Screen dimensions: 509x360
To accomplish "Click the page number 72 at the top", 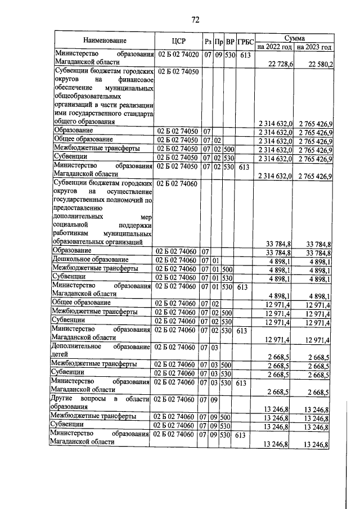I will [x=196, y=20].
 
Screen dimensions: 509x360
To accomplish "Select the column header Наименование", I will [x=105, y=41].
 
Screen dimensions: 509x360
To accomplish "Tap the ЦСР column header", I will [x=178, y=41].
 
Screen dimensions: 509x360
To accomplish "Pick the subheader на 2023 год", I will [x=314, y=47].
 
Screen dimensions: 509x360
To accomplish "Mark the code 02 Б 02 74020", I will [x=178, y=55].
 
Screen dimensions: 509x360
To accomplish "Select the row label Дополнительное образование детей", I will [x=101, y=351].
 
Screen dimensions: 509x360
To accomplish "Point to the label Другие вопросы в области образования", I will [x=101, y=403].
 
